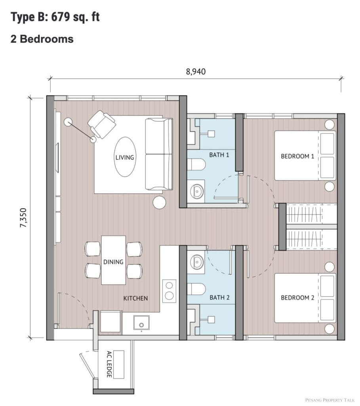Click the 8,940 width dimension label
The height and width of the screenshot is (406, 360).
196,71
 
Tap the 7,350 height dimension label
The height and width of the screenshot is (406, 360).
23,218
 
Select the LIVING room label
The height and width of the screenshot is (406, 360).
125,157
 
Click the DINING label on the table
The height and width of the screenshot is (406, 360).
113,262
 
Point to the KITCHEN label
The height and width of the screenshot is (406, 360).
135,298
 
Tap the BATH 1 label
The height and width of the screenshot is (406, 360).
219,155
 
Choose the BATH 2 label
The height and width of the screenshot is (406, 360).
219,297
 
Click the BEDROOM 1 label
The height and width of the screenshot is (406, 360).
297,156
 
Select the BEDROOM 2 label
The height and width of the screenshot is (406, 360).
297,297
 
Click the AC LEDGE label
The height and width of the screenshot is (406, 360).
109,364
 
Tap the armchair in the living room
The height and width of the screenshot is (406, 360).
102,124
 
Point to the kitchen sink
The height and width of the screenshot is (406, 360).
141,322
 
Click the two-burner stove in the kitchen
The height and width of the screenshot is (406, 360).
169,291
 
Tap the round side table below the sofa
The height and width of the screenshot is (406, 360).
159,202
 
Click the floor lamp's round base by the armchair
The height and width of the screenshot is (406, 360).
68,122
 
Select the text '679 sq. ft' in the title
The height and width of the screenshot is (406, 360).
76,17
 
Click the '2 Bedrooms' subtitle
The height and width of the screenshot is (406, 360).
42,39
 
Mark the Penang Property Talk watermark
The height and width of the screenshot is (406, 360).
330,400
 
